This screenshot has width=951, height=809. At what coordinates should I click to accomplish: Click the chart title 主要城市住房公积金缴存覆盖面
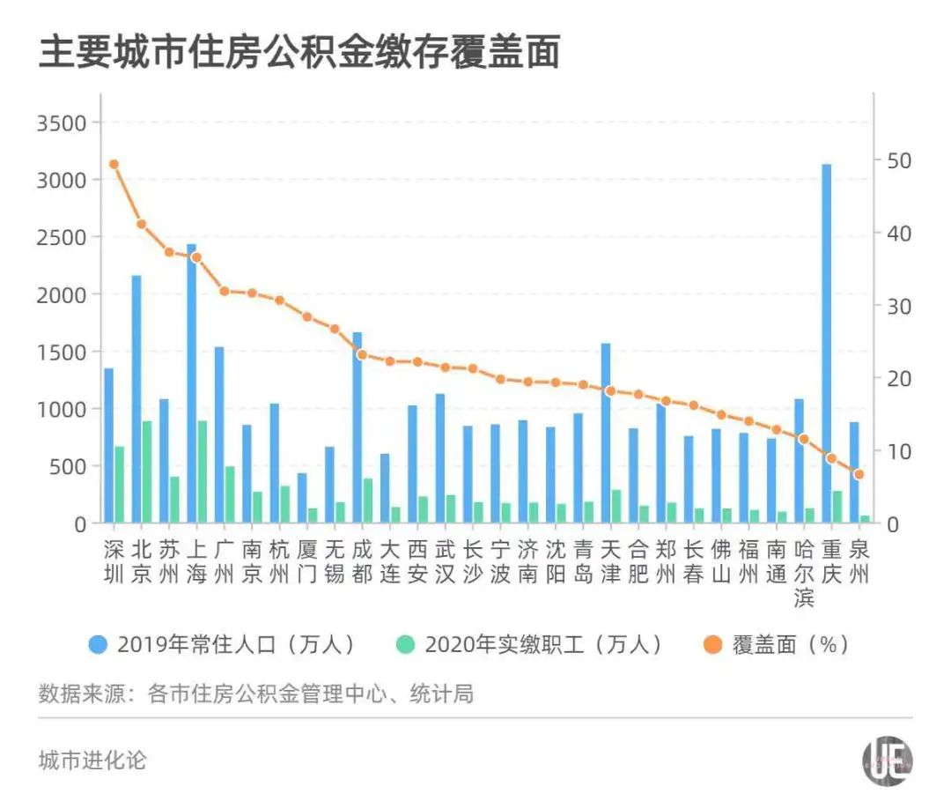(299, 54)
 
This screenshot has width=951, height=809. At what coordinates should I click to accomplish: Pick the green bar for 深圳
(119, 485)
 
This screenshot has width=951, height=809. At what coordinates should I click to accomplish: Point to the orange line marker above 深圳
(114, 164)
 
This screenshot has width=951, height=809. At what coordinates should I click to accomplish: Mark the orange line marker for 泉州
(859, 474)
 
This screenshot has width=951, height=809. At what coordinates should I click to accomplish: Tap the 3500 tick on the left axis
(62, 122)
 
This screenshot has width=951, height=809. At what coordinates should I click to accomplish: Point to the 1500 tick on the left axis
(62, 352)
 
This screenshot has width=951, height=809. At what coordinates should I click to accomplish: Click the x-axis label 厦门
(306, 562)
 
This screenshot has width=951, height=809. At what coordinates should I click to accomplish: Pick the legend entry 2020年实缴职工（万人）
(533, 644)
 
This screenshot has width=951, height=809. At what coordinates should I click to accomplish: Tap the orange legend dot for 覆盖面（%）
(714, 644)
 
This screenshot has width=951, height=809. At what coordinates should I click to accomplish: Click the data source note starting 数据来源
(255, 694)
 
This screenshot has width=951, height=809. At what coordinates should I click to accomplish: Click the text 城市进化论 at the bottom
(92, 761)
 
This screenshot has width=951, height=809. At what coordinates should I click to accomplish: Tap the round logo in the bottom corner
(887, 761)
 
